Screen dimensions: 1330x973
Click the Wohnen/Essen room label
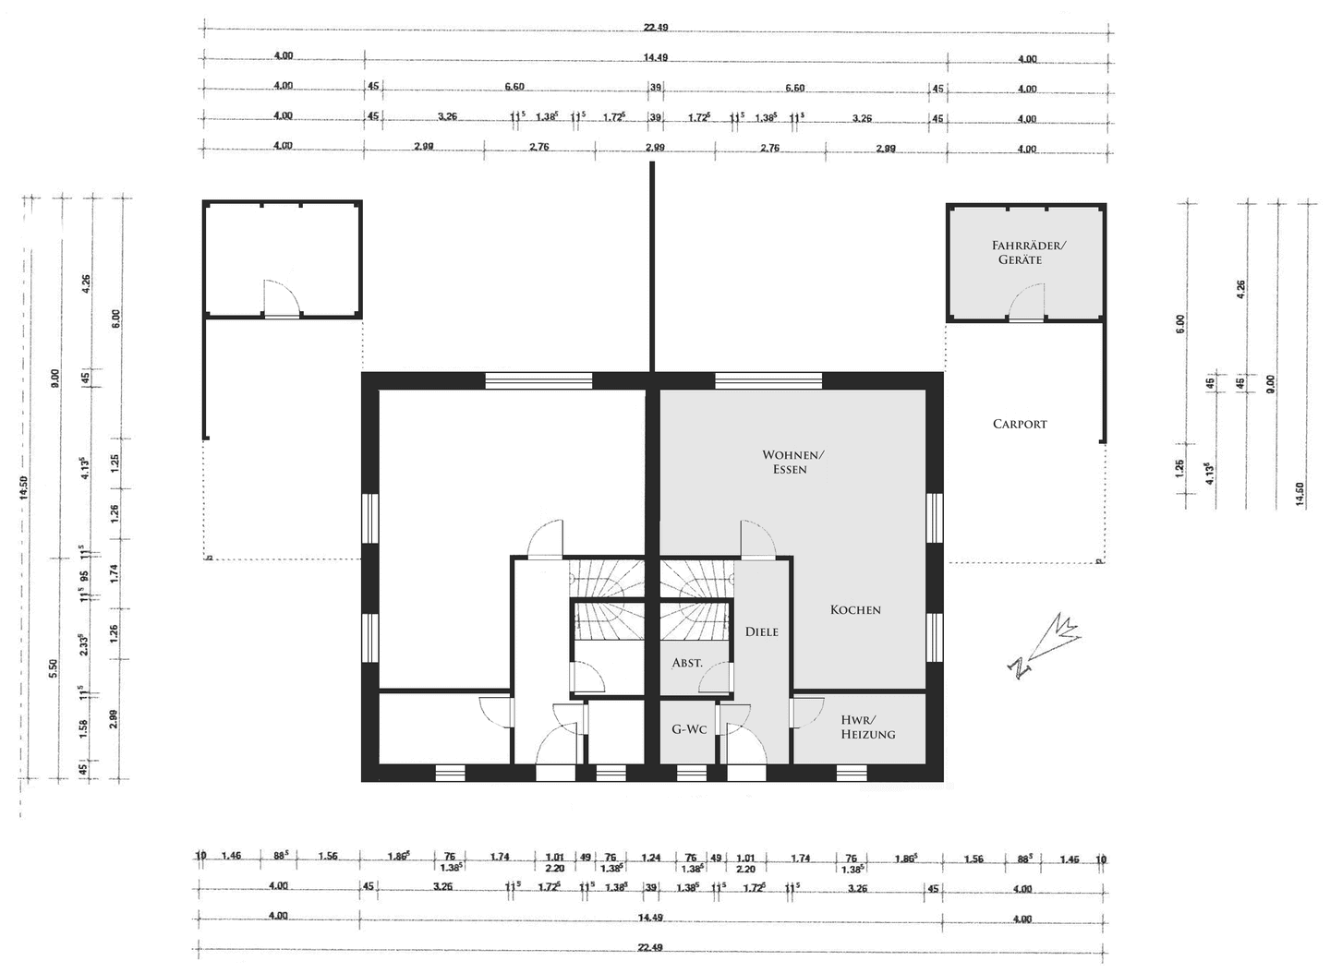pyautogui.click(x=792, y=462)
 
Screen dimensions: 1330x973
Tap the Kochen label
pyautogui.click(x=855, y=609)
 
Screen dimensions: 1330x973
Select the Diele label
pyautogui.click(x=762, y=631)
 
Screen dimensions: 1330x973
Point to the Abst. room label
pyautogui.click(x=687, y=663)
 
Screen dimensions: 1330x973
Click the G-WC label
pyautogui.click(x=689, y=729)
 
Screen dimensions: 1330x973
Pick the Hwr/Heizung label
pyautogui.click(x=867, y=727)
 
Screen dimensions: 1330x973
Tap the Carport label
pyautogui.click(x=1020, y=424)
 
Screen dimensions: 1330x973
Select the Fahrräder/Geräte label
pyautogui.click(x=1028, y=252)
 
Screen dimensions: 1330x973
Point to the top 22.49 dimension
pyautogui.click(x=656, y=28)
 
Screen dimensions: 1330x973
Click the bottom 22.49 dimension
pyautogui.click(x=650, y=948)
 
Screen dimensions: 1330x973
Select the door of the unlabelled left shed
pyautogui.click(x=283, y=299)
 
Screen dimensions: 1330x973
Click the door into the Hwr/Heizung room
pyautogui.click(x=806, y=711)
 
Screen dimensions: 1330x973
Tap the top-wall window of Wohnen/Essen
pyautogui.click(x=768, y=380)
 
